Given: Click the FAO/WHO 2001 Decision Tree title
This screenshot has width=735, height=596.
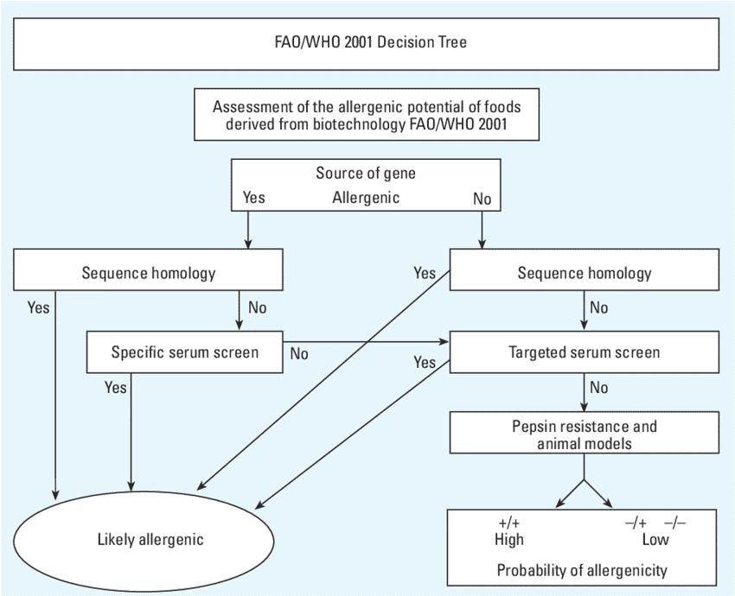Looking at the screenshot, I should (368, 41).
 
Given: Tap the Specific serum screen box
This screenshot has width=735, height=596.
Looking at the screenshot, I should (184, 352).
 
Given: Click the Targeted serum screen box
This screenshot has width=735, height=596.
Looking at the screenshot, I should (584, 352).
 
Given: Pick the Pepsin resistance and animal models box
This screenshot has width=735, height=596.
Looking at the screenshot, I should (584, 434).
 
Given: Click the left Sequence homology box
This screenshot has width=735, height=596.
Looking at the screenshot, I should (148, 273).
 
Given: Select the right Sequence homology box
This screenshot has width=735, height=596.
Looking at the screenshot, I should (584, 273).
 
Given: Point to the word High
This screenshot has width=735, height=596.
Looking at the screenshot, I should (508, 540).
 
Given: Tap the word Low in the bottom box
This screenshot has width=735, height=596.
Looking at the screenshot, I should (655, 540).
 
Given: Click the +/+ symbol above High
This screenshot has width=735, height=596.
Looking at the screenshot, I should (508, 523).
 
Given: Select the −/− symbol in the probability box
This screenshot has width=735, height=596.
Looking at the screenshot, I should (674, 523).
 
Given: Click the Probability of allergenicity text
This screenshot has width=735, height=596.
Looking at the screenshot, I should (582, 570).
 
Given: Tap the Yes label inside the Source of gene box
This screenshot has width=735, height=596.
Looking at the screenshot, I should (253, 198).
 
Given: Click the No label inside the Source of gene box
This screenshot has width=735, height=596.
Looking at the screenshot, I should (482, 199).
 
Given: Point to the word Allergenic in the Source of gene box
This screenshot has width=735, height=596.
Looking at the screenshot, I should (366, 198).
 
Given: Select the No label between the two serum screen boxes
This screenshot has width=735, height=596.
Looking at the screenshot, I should (299, 353).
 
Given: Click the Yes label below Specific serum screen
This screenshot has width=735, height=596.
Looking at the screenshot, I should (115, 388).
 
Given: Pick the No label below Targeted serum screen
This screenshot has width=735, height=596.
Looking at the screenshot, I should (598, 388).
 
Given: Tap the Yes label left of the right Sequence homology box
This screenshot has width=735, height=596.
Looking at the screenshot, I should (425, 274).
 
